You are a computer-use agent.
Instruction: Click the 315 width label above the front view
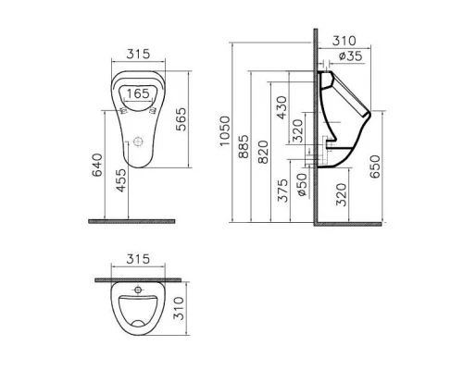pos(138,55)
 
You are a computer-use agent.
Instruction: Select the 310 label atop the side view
pos(344,41)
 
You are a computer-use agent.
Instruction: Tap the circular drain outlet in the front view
pos(138,144)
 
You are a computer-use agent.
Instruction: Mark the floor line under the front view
pos(132,221)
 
